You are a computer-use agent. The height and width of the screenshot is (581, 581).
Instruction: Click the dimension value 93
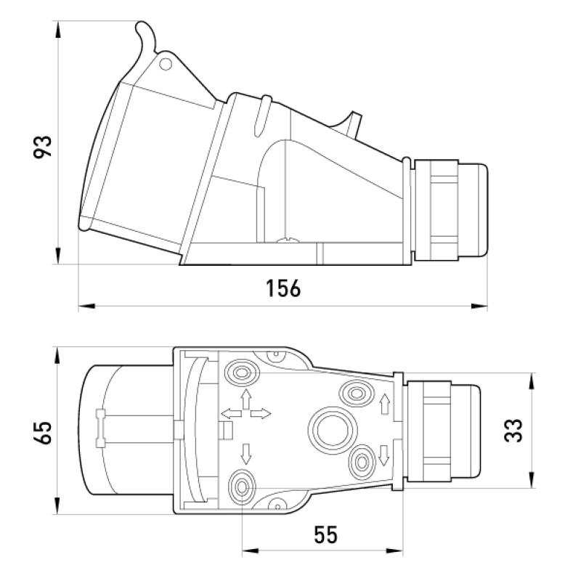pos(43,147)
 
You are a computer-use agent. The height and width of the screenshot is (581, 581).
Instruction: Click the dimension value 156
pos(283,288)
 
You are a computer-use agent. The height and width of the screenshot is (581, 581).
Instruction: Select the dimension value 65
pos(42,433)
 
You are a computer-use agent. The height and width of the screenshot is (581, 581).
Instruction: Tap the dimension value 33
pos(513,431)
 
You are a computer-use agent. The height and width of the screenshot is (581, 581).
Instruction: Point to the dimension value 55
pos(326,535)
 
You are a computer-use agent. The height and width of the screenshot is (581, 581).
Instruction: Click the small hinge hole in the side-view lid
pos(166,65)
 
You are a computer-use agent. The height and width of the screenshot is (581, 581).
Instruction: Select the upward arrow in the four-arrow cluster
pos(245,399)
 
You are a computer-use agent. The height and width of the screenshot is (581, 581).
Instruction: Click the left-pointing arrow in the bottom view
pos(231,413)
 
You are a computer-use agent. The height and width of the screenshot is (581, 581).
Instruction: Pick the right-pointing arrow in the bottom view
pos(261,413)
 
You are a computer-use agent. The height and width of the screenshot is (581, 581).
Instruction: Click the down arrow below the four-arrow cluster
pos(245,453)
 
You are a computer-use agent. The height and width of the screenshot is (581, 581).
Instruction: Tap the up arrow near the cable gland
pos(386,404)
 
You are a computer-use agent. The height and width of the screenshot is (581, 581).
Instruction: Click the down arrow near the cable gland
pos(384,455)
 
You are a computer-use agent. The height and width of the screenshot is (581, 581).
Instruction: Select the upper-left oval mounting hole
pos(242,373)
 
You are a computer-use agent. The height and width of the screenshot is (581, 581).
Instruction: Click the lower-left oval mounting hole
pos(243,487)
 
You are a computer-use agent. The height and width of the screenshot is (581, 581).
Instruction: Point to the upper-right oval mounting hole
pos(356,393)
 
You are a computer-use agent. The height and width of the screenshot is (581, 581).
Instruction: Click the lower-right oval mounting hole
pos(362,462)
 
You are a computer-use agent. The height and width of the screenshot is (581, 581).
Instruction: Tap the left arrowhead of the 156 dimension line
pos(86,306)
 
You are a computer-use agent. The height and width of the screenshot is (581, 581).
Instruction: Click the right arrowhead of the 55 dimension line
pos(394,551)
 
